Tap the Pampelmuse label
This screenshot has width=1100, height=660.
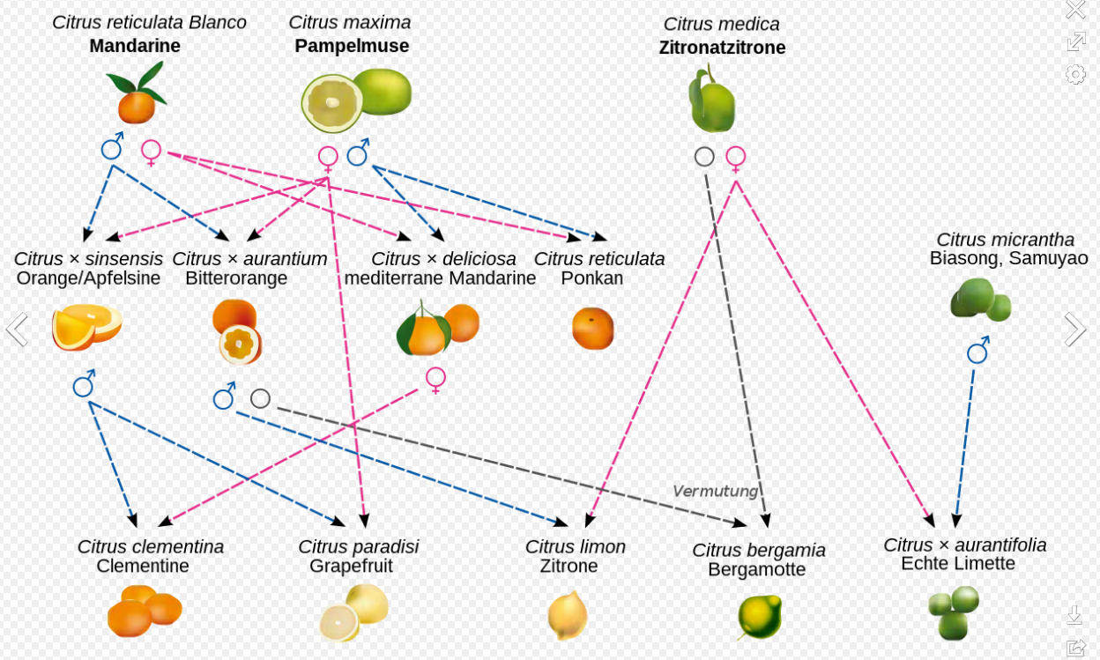(x=352, y=46)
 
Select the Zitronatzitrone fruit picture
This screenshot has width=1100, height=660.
(x=711, y=101)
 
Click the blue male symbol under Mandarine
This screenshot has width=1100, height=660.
(x=112, y=147)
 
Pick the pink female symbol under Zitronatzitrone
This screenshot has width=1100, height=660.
(x=736, y=158)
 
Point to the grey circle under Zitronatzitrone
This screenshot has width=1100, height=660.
(x=704, y=157)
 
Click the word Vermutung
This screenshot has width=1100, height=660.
(x=715, y=491)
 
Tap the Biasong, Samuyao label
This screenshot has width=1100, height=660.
(x=1008, y=258)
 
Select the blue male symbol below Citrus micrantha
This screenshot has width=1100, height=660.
(x=977, y=352)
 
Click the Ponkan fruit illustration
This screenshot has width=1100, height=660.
(x=593, y=328)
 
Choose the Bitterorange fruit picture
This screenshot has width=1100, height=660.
(x=237, y=331)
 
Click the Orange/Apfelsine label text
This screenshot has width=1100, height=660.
(x=88, y=278)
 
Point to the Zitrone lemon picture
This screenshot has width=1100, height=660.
(x=567, y=614)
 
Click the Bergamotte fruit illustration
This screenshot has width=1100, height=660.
(x=760, y=616)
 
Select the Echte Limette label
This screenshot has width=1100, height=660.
(x=958, y=563)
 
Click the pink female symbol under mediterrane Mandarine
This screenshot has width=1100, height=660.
(x=435, y=379)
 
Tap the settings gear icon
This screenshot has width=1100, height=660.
(x=1075, y=74)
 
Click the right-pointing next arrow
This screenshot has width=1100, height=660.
(x=1075, y=330)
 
